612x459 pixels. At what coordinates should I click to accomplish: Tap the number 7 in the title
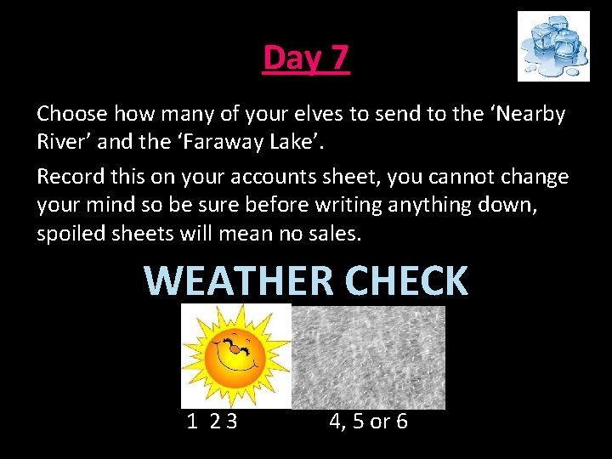pos(338,59)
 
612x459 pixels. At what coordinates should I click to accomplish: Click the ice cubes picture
pos(553,46)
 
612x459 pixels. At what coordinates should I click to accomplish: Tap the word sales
pos(337,233)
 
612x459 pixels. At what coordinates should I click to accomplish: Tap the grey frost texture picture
pos(368,357)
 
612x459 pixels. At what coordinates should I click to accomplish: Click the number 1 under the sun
pos(192,421)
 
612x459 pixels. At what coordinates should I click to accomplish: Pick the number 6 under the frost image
pos(400,421)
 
